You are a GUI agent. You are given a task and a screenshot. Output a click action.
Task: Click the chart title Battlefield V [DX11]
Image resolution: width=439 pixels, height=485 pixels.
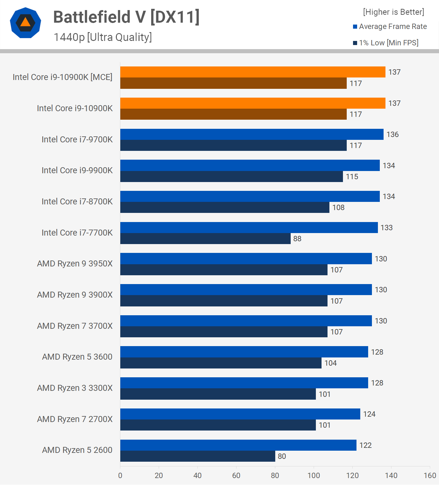coord(126,17)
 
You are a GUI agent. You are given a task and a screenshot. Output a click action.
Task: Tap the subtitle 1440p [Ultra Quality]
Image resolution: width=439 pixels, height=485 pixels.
coord(103,37)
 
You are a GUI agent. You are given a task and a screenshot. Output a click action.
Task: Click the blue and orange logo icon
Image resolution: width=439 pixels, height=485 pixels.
coord(26,23)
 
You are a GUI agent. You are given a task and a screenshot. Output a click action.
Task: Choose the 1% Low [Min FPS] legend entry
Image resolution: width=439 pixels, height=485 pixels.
coord(386,43)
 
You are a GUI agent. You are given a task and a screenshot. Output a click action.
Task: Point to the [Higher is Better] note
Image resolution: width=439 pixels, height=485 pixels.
coord(393,12)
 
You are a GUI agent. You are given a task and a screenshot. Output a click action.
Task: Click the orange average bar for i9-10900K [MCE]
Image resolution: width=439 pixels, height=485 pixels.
coord(253,72)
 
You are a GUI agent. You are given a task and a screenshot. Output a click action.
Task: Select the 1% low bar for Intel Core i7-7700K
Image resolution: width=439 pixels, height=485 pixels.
coord(205,239)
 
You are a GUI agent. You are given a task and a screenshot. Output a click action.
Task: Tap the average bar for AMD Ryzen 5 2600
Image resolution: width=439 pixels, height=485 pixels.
coord(238,445)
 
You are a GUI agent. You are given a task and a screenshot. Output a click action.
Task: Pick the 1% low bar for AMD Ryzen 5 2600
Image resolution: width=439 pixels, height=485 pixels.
coord(197,456)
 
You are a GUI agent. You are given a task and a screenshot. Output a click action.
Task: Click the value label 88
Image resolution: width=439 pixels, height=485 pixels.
coord(297,239)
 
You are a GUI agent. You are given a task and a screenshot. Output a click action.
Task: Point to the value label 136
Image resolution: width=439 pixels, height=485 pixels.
coord(392,134)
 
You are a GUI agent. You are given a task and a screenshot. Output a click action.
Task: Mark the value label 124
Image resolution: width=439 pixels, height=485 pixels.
coord(369,414)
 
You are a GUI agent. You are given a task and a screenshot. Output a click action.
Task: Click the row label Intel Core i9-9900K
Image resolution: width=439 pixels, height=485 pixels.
coord(77,170)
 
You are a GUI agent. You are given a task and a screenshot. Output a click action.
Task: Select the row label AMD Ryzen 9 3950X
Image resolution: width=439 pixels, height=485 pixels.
coord(75,264)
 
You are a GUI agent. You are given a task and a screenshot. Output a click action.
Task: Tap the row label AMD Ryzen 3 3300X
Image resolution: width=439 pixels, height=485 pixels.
coord(75,388)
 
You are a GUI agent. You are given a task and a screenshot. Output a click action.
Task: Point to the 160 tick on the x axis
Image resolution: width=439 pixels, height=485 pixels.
coord(430,476)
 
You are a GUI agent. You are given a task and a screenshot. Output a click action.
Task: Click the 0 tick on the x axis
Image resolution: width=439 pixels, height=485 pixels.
coord(120,476)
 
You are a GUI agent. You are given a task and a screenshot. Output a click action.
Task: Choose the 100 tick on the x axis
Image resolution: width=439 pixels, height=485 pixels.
coord(314,476)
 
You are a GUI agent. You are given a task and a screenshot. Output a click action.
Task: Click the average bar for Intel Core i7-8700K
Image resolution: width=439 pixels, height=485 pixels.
coord(250,197)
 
